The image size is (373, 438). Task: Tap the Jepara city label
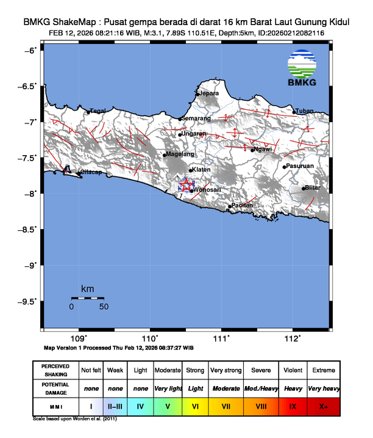pyautogui.click(x=209, y=94)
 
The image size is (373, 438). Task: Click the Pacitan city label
pyautogui.click(x=242, y=206)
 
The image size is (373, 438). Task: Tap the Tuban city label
pyautogui.click(x=304, y=111)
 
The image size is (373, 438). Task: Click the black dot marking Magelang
pyautogui.click(x=165, y=155)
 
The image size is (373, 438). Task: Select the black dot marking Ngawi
pyautogui.click(x=252, y=150)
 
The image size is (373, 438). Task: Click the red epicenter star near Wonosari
pyautogui.click(x=185, y=186)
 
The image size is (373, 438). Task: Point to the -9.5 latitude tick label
pyautogui.click(x=28, y=301)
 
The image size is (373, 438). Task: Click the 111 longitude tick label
pyautogui.click(x=222, y=338)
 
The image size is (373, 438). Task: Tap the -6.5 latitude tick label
pyautogui.click(x=28, y=87)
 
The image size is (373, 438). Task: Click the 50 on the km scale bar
pyautogui.click(x=104, y=307)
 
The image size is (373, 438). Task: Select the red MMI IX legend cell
pyautogui.click(x=293, y=406)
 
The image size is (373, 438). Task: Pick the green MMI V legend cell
pyautogui.click(x=167, y=406)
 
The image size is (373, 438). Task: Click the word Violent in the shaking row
pyautogui.click(x=293, y=371)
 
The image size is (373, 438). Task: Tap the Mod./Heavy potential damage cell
pyautogui.click(x=260, y=389)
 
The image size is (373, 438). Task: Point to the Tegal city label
pyautogui.click(x=98, y=111)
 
